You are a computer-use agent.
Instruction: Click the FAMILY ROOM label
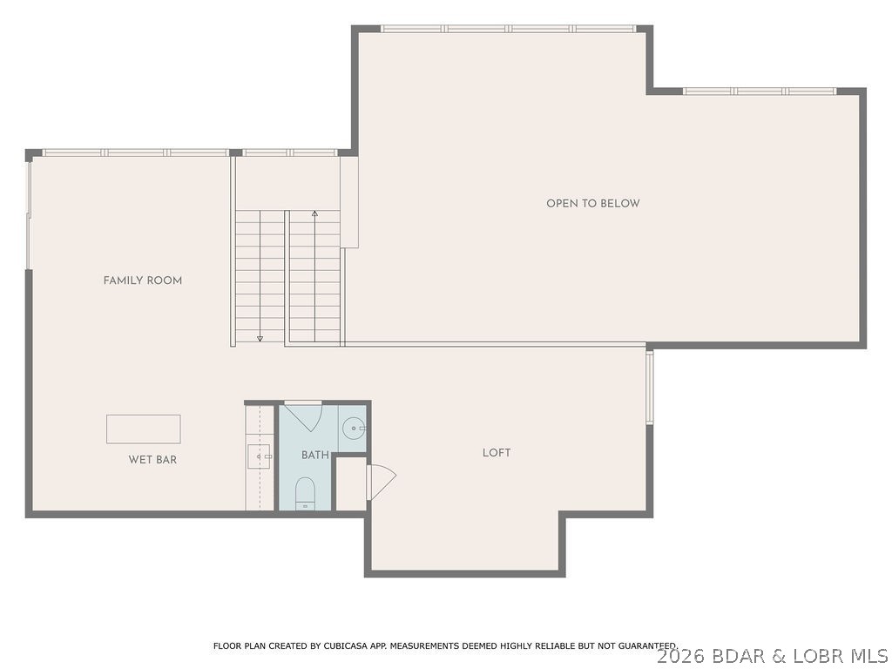[142, 280]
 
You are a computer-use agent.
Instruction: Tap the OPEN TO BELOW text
[592, 203]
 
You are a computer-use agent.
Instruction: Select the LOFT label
[497, 453]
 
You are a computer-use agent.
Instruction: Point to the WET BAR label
[152, 459]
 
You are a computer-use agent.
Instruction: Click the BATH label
[315, 455]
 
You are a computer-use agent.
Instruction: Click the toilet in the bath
[305, 492]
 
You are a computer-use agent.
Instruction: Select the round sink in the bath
[353, 428]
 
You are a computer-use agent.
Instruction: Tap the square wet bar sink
[260, 455]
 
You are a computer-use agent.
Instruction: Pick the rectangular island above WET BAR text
[144, 429]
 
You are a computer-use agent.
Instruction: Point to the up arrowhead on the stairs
[314, 213]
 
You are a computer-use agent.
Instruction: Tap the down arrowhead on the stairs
[260, 338]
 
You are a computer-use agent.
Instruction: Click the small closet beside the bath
[350, 483]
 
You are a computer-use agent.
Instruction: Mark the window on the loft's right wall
[649, 388]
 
